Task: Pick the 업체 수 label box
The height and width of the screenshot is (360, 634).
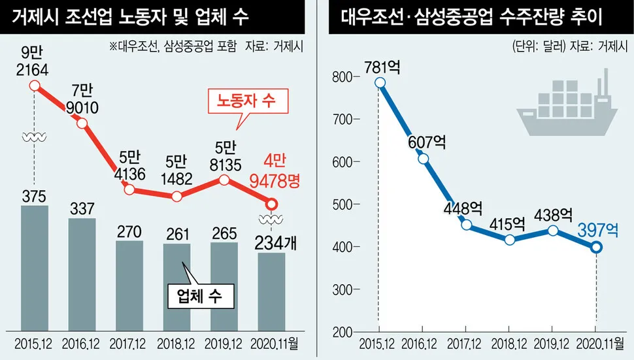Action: coord(199,296)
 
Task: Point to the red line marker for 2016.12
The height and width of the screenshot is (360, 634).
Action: coord(82,123)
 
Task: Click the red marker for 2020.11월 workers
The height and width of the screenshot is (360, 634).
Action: coord(272,205)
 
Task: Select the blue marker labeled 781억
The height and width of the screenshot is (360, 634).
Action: coord(380,83)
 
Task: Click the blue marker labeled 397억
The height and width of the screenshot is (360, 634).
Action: coord(595,248)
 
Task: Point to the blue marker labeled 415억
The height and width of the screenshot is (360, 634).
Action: coord(510,239)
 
